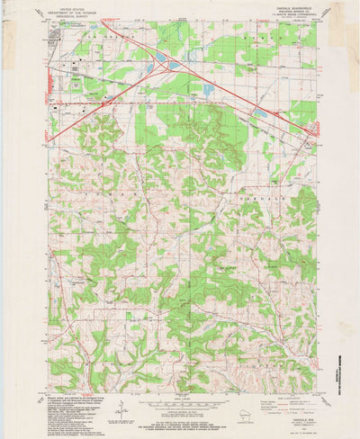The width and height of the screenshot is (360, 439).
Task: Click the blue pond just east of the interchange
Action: pyautogui.click(x=208, y=90)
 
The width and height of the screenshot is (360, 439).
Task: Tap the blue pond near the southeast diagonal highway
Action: pyautogui.click(x=260, y=113)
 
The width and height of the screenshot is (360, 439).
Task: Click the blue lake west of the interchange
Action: pyautogui.click(x=157, y=58)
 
